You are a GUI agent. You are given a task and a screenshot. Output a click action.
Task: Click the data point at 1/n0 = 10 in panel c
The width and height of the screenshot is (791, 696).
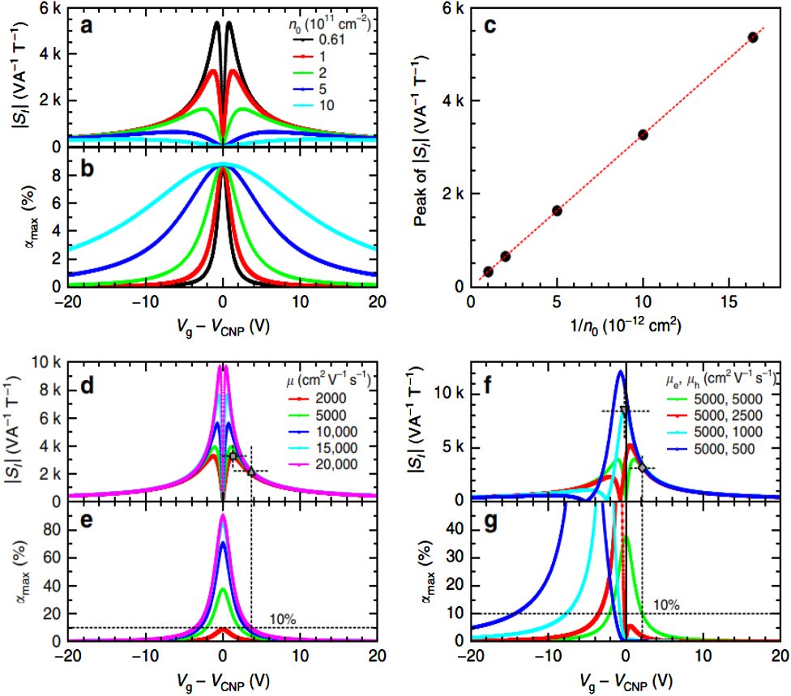[x=643, y=135]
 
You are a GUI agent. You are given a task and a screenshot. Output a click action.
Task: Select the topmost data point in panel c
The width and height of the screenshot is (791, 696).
[x=753, y=37]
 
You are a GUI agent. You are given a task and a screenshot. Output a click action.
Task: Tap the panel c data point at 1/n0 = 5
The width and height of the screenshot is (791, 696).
[x=557, y=211]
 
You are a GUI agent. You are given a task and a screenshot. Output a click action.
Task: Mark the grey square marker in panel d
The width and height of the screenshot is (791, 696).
[x=233, y=456]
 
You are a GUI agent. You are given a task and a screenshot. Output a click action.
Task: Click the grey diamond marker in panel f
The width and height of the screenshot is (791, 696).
[x=642, y=468]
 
